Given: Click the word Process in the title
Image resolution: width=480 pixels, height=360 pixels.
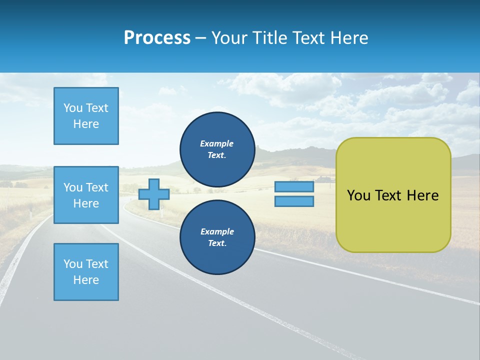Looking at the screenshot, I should tap(157, 38).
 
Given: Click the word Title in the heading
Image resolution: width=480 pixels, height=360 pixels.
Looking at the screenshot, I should tap(272, 38).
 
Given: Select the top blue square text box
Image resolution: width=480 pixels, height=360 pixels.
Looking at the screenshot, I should tap(86, 116).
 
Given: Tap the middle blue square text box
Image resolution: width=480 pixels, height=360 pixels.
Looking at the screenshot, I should tap(86, 195).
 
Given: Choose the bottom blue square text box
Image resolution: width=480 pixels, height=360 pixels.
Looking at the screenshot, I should tap(86, 272).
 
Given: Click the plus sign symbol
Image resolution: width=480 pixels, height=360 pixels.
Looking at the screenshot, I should tap(154, 194).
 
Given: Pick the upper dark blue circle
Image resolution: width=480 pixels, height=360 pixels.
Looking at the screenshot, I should tap(217, 149).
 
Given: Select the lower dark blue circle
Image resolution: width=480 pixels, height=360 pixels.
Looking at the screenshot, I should tap(217, 237).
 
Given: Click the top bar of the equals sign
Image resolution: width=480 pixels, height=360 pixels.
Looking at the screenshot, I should tap(294, 186).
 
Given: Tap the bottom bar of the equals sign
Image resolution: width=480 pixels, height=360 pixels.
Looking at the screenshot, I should tap(294, 201).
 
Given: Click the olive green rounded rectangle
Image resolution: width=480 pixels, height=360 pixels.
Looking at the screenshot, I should tap(393, 220).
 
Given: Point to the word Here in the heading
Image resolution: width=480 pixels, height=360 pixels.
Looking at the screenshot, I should tap(348, 38).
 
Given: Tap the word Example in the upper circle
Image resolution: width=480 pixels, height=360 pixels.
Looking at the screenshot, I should tap(217, 143).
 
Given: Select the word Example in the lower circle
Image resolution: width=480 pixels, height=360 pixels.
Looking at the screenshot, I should tap(217, 231).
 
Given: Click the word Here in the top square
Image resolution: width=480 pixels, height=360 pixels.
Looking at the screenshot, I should tap(86, 124).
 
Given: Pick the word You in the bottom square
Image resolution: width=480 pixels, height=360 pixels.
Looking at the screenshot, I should tap(73, 264).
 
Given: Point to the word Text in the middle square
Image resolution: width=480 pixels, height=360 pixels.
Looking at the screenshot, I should tap(96, 187).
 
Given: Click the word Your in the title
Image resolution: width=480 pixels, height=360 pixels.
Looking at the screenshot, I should tap(230, 38).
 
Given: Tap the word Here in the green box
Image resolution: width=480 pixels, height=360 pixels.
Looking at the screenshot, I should tap(422, 195).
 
